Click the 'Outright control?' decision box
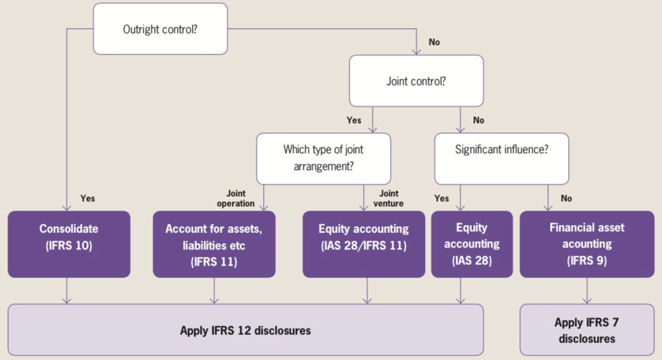coord(161,29)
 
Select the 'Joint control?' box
coord(416,81)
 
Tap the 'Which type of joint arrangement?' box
coord(323,159)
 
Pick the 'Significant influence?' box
coord(501,159)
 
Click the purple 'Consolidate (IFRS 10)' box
coord(69,244)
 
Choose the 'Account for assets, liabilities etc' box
coord(214,244)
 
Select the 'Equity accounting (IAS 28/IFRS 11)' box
coord(364,244)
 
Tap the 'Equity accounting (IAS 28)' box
coord(472,244)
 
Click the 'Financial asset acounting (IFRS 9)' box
coord(587,244)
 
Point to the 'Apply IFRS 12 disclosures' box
coord(246,329)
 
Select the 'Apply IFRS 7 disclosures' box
coord(587,329)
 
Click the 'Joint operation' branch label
coord(236,198)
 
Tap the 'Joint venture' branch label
coord(388,198)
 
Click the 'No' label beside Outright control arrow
coord(434,42)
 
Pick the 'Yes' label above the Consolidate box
coord(88,198)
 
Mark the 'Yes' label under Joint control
coord(354,120)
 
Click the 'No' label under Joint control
coord(478,120)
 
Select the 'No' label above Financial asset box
coord(566,198)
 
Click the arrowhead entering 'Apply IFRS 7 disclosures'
coord(587,301)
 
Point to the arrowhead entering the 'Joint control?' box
coord(416,51)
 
